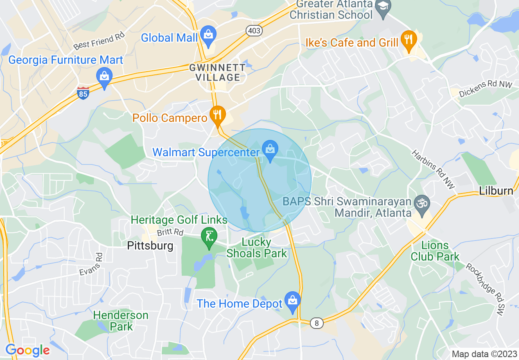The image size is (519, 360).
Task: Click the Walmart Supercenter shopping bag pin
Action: pyautogui.click(x=270, y=150)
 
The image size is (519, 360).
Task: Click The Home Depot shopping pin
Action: pyautogui.click(x=293, y=302)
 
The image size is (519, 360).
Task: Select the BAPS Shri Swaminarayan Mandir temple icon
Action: pyautogui.click(x=422, y=203)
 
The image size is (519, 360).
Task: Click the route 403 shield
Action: pyautogui.click(x=254, y=31)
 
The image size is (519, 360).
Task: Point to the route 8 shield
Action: pyautogui.click(x=316, y=323)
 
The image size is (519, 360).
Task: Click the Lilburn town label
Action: pyautogui.click(x=496, y=191)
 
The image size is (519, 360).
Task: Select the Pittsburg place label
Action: pyautogui.click(x=150, y=246)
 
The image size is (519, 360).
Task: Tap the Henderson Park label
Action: pyautogui.click(x=121, y=321)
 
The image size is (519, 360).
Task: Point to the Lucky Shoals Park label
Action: pyautogui.click(x=257, y=248)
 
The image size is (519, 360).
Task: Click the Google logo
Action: pyautogui.click(x=27, y=350)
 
